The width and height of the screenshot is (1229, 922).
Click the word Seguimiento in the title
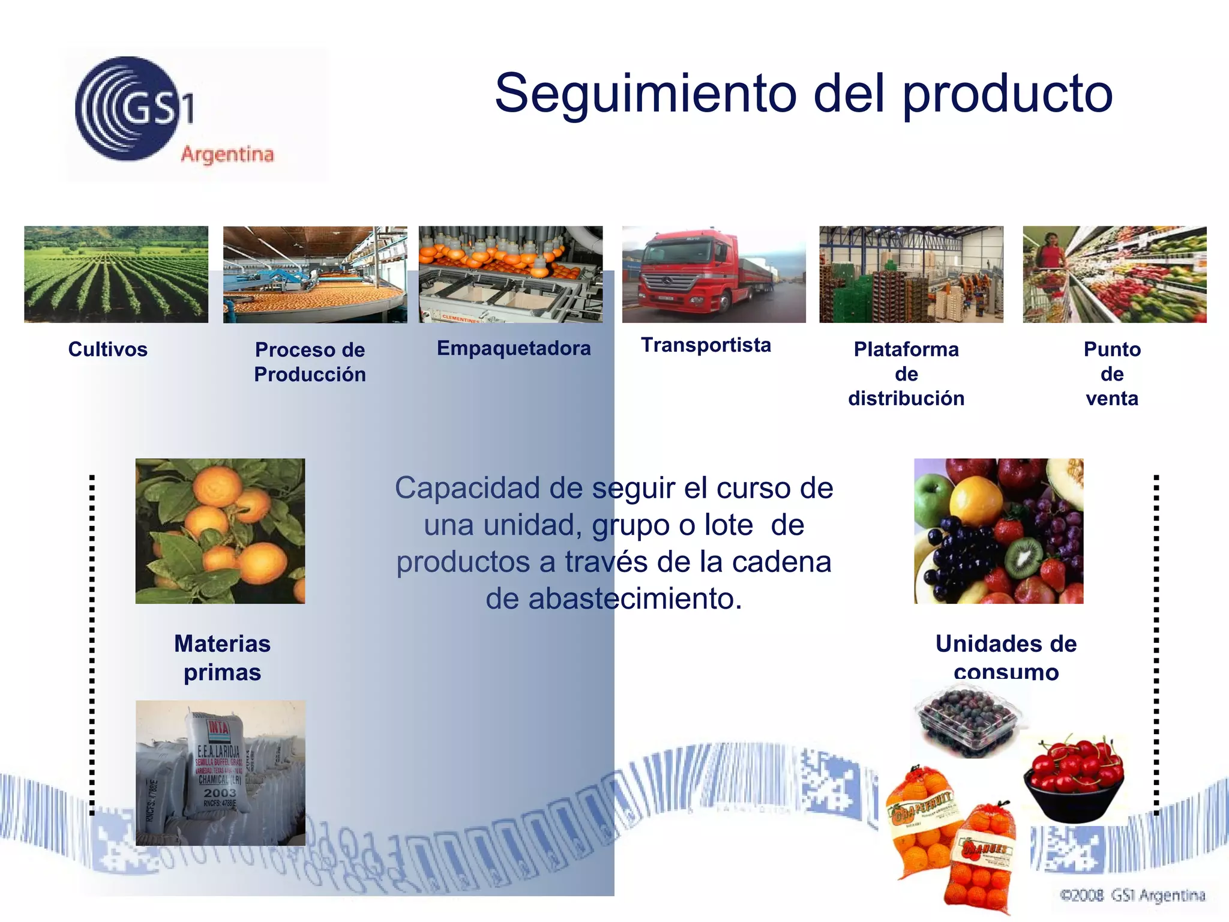point(645,94)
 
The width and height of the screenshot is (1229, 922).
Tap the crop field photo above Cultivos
point(116,274)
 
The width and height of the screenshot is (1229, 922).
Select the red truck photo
point(714,274)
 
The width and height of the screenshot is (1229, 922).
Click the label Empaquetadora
point(514,348)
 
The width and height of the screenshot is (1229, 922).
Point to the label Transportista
point(706,345)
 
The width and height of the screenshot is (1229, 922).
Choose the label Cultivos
point(108,349)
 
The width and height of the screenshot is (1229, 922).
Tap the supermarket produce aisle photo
point(1114,274)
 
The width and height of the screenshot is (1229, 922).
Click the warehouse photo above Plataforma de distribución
point(911,274)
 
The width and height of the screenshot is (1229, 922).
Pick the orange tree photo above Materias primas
point(220,531)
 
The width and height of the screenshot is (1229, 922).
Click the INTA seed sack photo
point(220,773)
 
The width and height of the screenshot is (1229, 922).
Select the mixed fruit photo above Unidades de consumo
point(999,531)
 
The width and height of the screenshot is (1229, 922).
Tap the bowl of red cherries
point(1074,778)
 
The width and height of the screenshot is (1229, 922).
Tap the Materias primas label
point(222,658)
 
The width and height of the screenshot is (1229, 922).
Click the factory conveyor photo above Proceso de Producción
point(315,274)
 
